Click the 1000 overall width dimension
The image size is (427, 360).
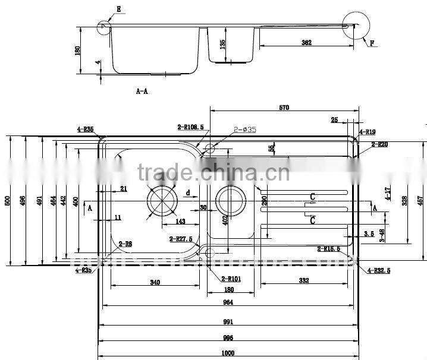(228, 353)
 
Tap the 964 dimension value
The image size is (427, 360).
(228, 302)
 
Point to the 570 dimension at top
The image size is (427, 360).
(284, 108)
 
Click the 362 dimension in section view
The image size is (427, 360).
(306, 43)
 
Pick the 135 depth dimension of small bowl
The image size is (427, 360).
(222, 44)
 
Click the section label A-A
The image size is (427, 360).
(143, 91)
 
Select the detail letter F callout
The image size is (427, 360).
(372, 43)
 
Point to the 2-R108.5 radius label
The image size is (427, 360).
(190, 127)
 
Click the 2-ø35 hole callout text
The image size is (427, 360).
(244, 129)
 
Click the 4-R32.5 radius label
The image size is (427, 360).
(379, 271)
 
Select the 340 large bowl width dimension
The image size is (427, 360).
(155, 282)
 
